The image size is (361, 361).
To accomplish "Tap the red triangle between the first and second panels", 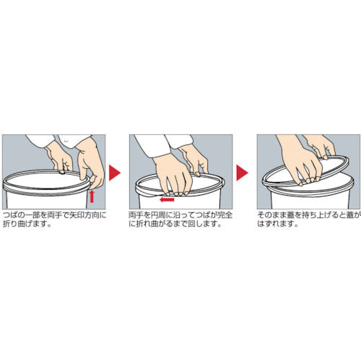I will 115,173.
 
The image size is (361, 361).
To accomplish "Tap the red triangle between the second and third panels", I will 242,173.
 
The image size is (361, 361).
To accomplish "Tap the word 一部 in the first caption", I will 32,215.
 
